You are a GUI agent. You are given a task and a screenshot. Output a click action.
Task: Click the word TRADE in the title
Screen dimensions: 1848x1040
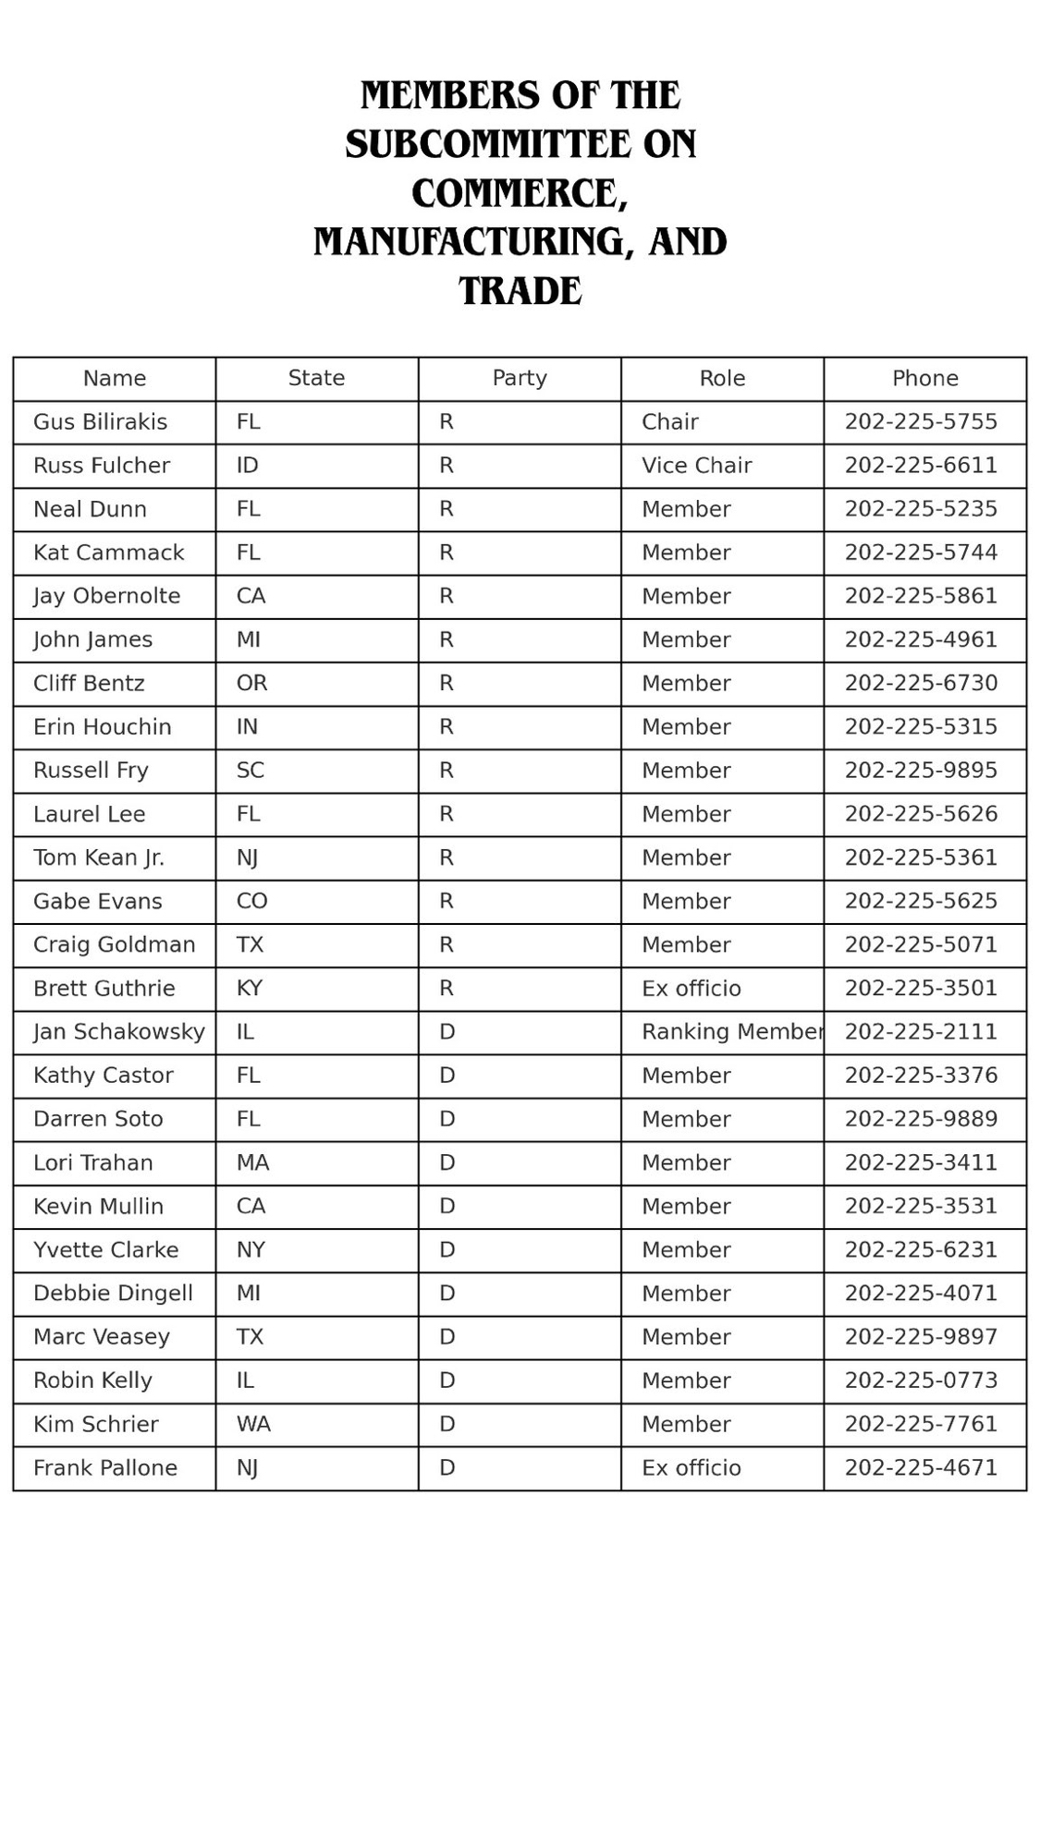520,291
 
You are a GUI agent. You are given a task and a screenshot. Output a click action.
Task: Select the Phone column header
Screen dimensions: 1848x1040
924,378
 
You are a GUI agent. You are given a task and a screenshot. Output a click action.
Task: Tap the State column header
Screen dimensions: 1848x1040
316,378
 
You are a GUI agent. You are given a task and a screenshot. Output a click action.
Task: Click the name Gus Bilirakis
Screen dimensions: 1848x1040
100,422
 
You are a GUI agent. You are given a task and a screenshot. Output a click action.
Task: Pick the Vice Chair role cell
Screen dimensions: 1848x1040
696,466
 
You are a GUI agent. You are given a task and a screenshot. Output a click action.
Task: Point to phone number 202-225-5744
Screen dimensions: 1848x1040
921,553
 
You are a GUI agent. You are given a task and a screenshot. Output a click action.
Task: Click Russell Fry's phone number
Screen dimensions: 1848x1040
921,771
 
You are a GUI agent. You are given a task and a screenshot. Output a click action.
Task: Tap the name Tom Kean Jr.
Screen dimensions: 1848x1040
99,857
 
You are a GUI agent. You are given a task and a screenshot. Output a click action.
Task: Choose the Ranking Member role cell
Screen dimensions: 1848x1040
731,1032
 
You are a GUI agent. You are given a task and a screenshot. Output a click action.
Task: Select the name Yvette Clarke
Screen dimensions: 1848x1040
105,1250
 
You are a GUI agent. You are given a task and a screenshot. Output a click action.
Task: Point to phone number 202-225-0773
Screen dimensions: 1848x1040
921,1380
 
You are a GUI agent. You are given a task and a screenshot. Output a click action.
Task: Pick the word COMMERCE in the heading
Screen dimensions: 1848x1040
519,193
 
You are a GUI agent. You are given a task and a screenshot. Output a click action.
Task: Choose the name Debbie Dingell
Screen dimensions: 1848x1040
113,1294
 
